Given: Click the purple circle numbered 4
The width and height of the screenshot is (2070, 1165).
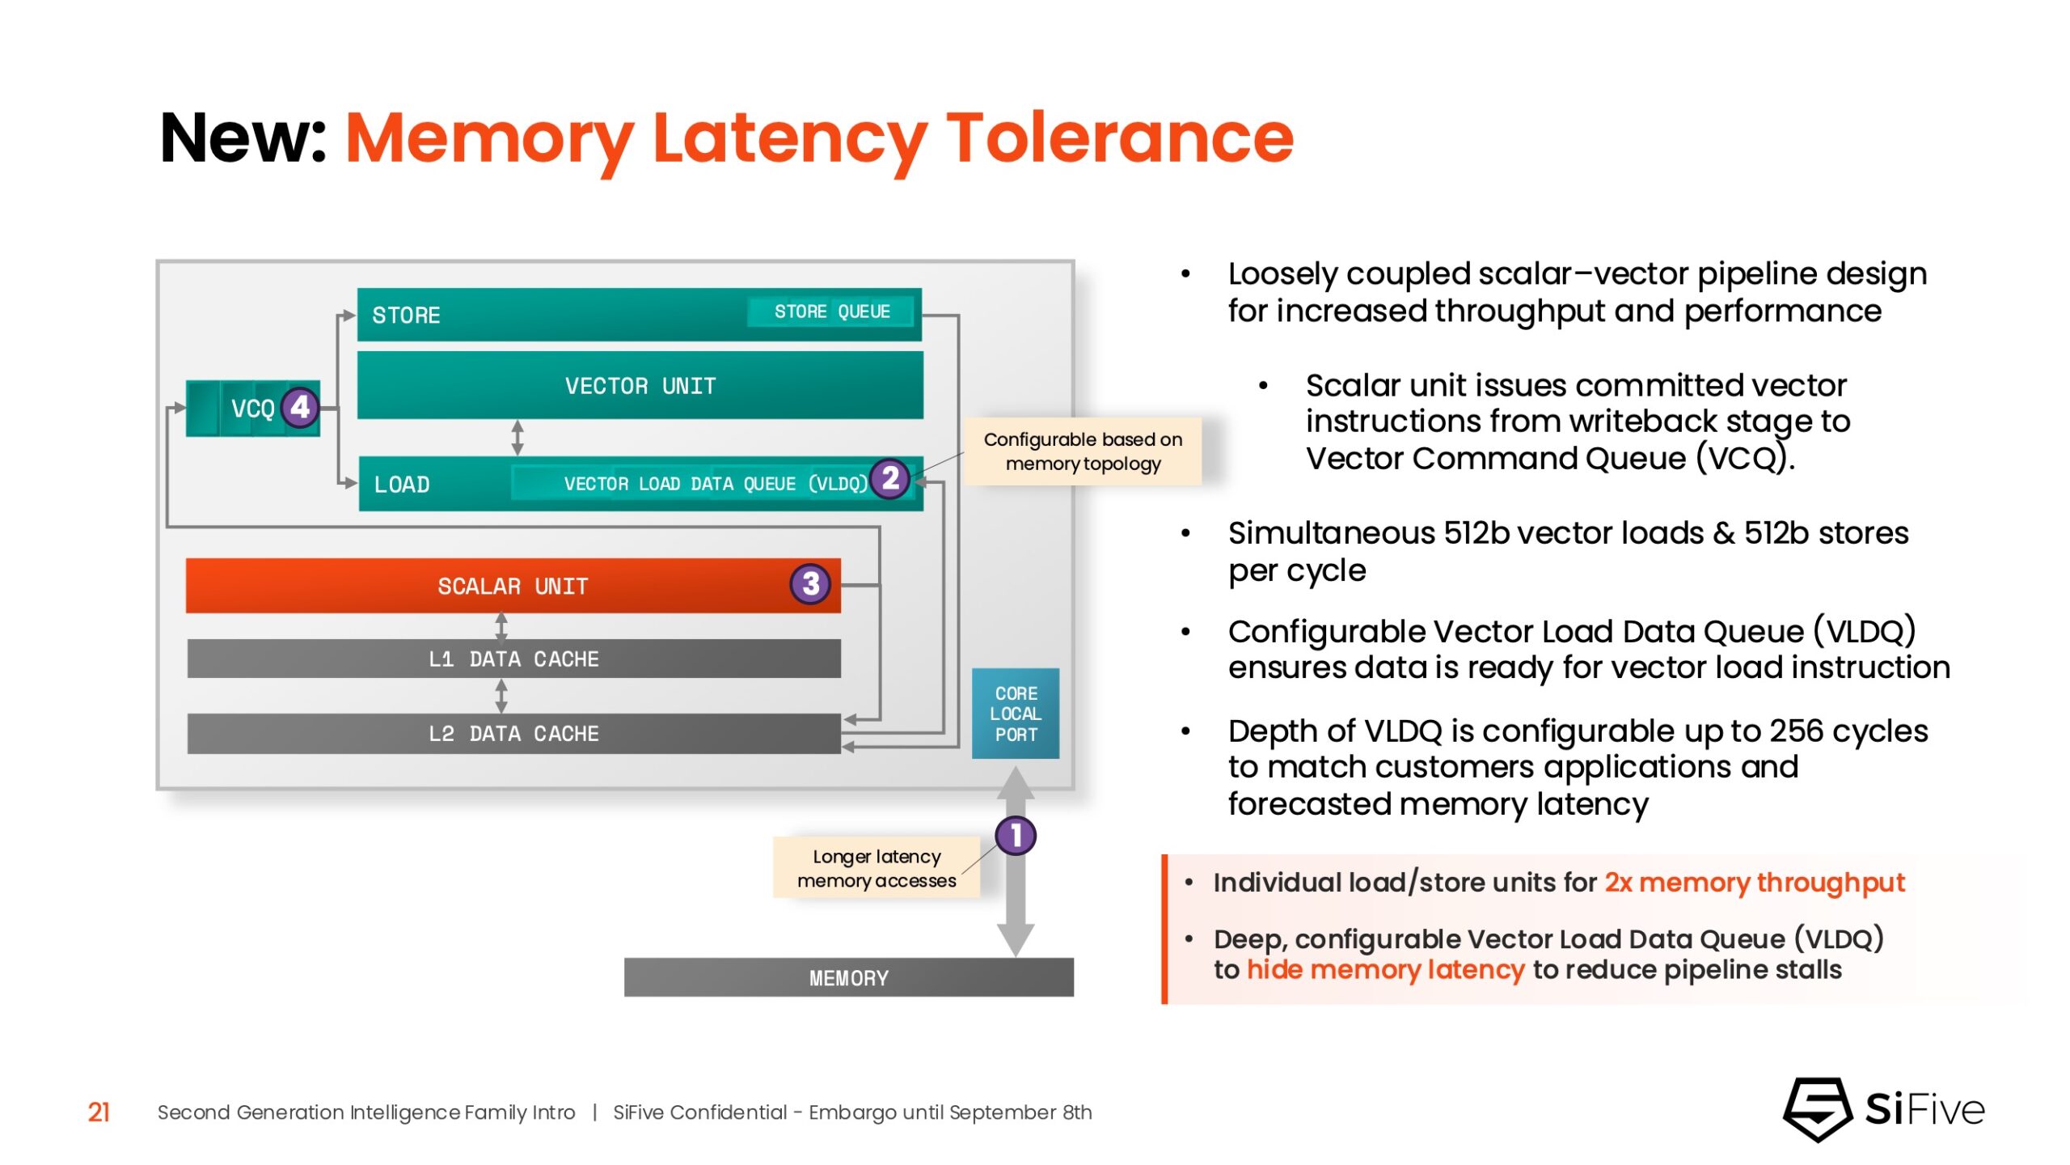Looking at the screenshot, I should [x=300, y=407].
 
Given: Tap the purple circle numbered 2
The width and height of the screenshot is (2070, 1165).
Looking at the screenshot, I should [x=890, y=478].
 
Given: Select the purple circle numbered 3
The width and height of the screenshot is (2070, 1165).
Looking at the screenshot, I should [x=810, y=583].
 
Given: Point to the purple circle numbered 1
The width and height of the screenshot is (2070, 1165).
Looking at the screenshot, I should [x=1016, y=835].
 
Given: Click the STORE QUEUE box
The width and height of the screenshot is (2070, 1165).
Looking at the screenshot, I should [x=831, y=311].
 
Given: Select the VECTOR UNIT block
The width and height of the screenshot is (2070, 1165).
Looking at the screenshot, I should [x=640, y=385].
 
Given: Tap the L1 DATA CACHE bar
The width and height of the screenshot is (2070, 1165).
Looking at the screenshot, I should [x=513, y=659].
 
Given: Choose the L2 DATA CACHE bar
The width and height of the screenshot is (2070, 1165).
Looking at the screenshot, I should [x=513, y=733].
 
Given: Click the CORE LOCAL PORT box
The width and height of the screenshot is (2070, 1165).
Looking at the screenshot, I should [x=1016, y=714].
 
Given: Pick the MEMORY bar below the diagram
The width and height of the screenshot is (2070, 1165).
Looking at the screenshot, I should [x=848, y=977].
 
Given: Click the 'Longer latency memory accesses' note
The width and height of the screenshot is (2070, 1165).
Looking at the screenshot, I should [x=877, y=868].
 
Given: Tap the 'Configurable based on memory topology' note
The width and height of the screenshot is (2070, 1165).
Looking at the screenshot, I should [x=1083, y=451].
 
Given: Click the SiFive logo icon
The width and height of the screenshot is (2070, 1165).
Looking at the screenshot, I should [x=1818, y=1109].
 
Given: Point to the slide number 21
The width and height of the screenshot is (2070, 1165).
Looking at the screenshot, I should [x=99, y=1112].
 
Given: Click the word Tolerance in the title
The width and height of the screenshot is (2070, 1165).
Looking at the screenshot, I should [x=1119, y=138].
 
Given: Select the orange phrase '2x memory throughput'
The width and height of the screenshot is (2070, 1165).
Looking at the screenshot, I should [x=1754, y=882].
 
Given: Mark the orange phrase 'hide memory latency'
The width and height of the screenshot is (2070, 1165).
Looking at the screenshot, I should [x=1385, y=969].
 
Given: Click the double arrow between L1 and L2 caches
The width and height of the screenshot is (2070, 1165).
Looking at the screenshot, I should [x=501, y=696].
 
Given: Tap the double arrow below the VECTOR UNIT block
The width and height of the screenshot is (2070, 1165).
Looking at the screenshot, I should [x=517, y=438].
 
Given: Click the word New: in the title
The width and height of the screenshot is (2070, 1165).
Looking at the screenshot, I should [x=243, y=138].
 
